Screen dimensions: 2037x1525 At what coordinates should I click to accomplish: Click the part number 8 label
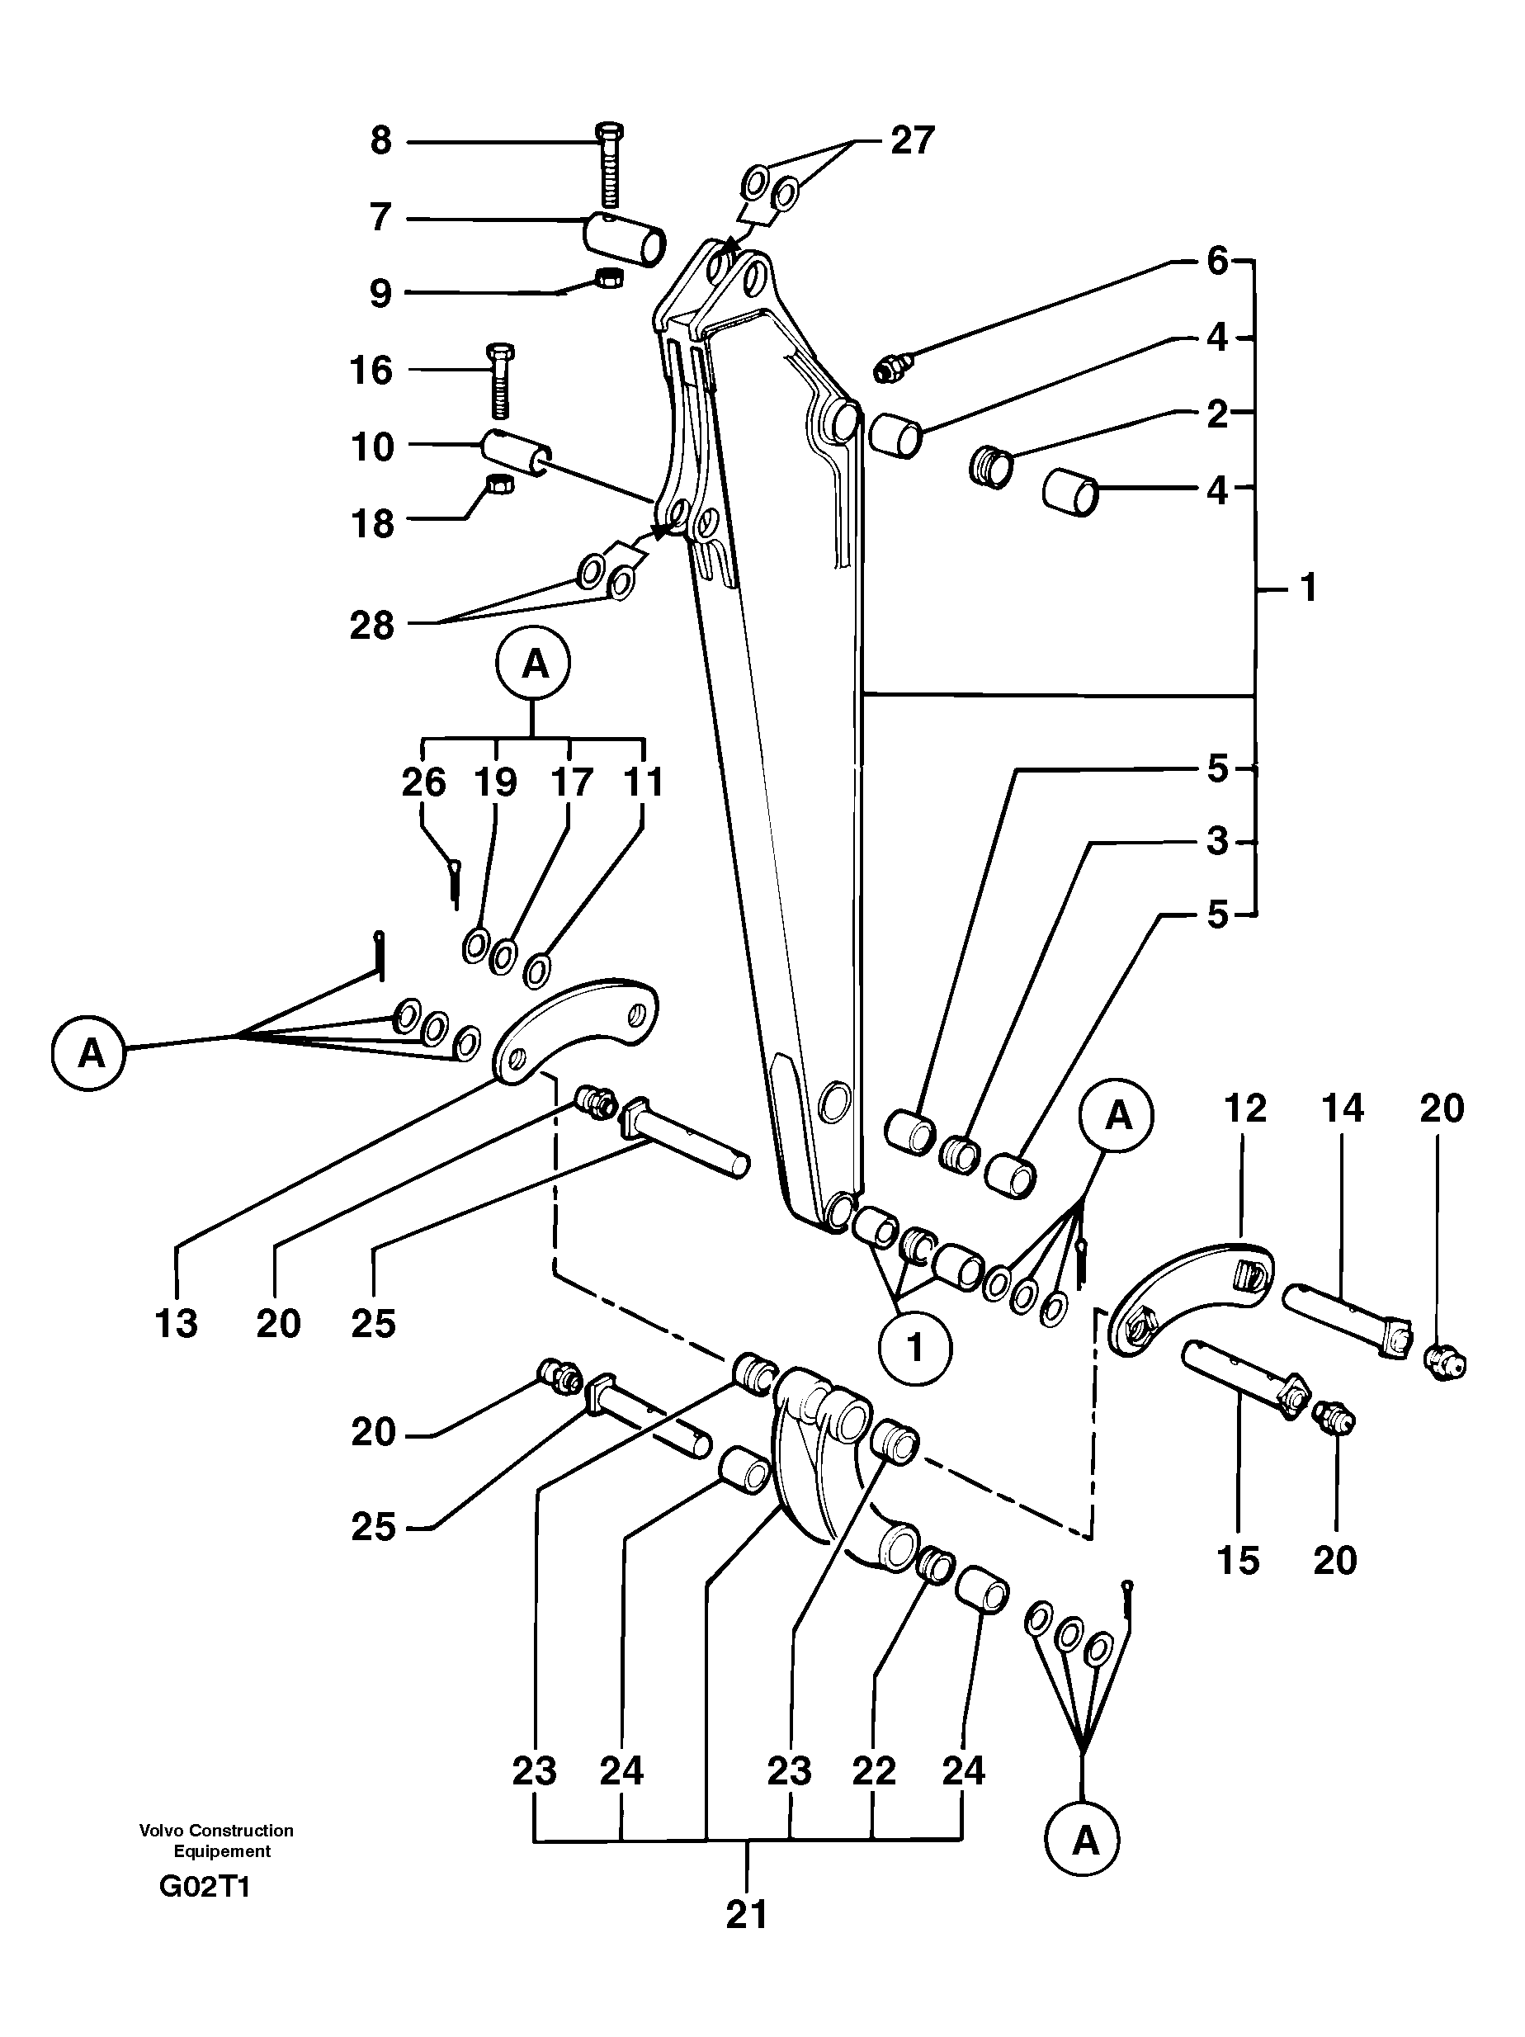(x=381, y=141)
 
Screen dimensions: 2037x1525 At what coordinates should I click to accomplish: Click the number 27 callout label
(x=912, y=140)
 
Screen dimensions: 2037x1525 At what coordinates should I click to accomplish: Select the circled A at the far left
(x=89, y=1052)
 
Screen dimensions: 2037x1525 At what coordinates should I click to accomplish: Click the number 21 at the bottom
(x=746, y=1915)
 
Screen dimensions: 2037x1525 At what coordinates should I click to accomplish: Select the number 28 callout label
(x=371, y=626)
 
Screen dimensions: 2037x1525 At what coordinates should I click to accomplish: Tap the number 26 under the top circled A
(x=423, y=782)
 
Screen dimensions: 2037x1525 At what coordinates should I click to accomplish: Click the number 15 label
(x=1237, y=1560)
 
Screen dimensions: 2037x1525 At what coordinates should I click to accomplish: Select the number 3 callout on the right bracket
(x=1217, y=841)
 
